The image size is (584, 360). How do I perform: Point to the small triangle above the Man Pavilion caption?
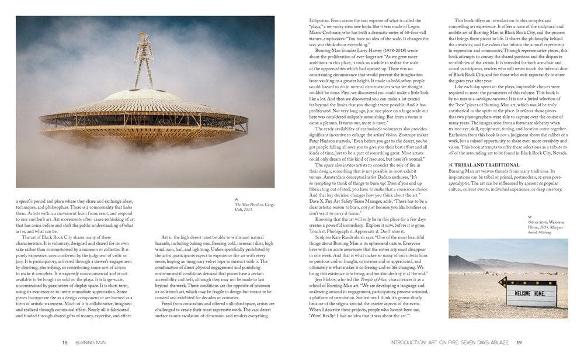[237, 198]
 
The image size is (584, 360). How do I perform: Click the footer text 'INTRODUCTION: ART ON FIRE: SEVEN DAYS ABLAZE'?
[441, 342]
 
